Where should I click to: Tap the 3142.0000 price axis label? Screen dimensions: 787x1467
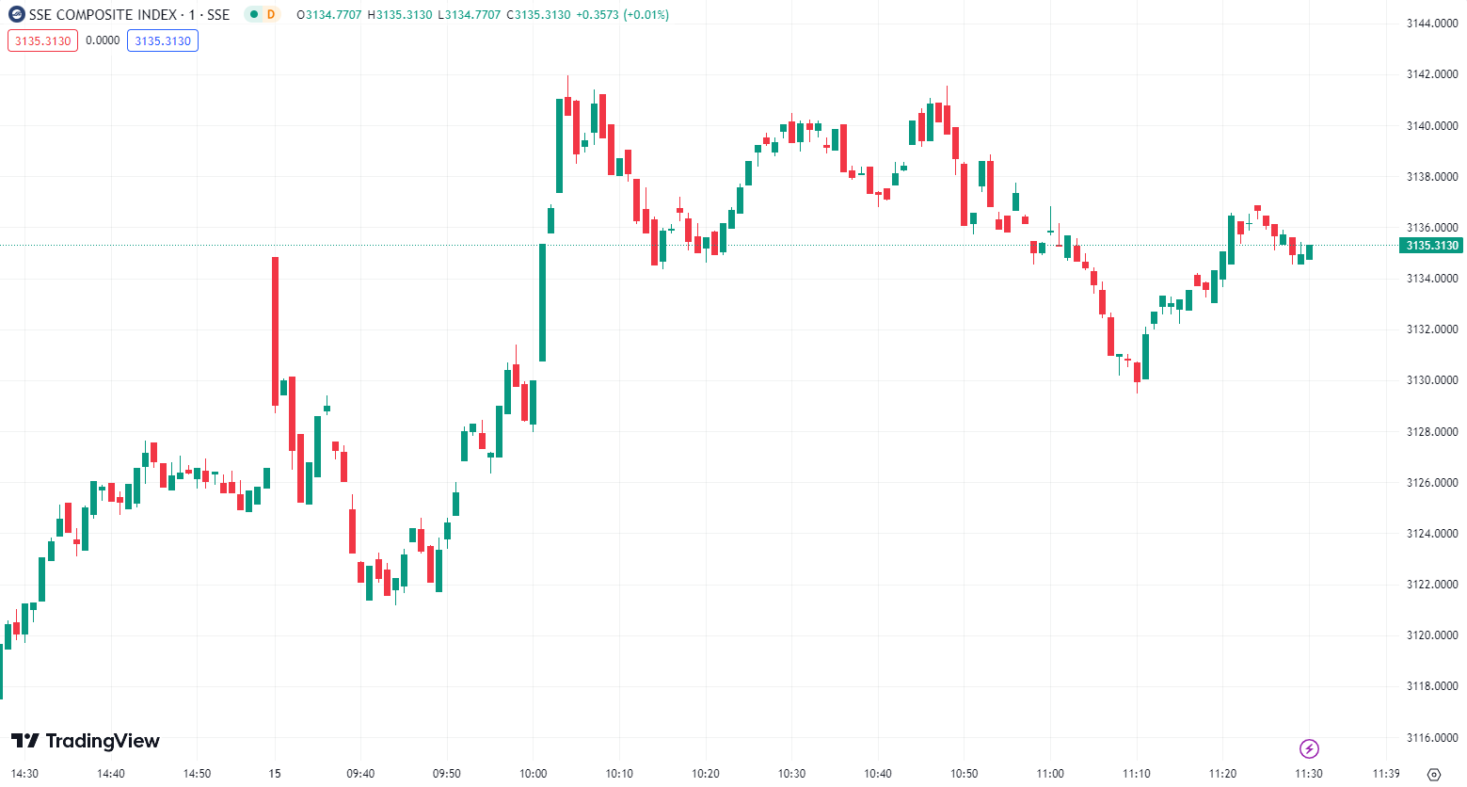(x=1431, y=74)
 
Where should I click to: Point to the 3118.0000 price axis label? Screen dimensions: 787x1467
(x=1431, y=686)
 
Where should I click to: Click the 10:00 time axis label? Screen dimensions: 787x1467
(x=533, y=774)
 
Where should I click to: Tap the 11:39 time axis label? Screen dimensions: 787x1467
(x=1385, y=774)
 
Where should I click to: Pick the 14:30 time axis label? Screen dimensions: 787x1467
(x=24, y=774)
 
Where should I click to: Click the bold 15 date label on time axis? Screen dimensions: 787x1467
(x=275, y=774)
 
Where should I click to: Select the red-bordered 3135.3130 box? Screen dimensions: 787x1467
(x=42, y=40)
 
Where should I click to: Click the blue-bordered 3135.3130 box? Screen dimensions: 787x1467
(x=163, y=40)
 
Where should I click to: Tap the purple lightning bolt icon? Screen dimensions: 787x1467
(x=1309, y=748)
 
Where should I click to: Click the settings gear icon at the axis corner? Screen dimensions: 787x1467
(x=1433, y=774)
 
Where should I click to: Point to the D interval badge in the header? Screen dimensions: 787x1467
(x=271, y=14)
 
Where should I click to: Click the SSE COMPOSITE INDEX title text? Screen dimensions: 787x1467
(x=104, y=14)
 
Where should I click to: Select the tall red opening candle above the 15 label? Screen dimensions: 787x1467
(x=275, y=329)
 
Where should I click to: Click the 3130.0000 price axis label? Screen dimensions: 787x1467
(x=1431, y=380)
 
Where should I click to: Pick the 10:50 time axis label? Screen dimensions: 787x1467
(x=964, y=774)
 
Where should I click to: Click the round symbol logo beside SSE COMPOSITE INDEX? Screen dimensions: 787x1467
(x=16, y=14)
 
